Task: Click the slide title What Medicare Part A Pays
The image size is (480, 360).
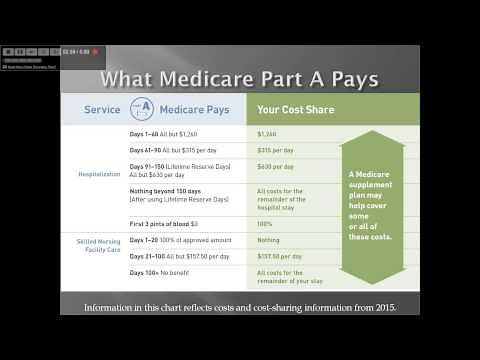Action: (x=239, y=79)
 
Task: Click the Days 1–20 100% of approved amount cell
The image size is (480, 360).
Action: (x=180, y=240)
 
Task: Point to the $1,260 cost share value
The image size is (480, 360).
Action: (x=267, y=133)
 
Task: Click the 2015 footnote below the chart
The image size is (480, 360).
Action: (x=239, y=306)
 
